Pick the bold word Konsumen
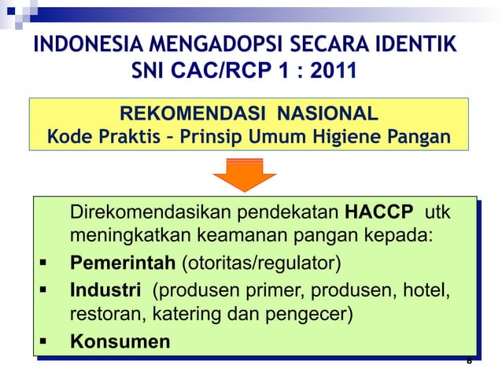click(x=120, y=342)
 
